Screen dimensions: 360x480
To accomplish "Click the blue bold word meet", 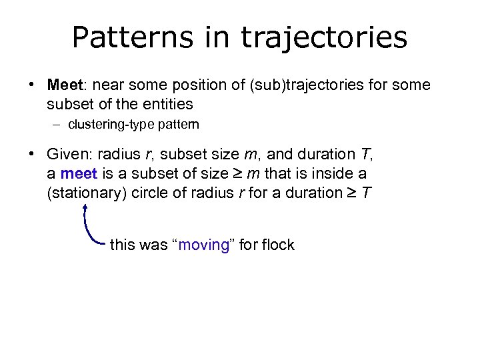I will [x=78, y=173].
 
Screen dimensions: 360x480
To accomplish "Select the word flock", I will [x=278, y=245].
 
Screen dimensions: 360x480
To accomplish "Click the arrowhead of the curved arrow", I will [x=86, y=207].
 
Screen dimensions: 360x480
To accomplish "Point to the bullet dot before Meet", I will [x=31, y=86].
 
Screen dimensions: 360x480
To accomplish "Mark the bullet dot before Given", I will [x=31, y=155].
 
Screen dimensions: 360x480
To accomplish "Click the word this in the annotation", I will [x=121, y=245].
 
